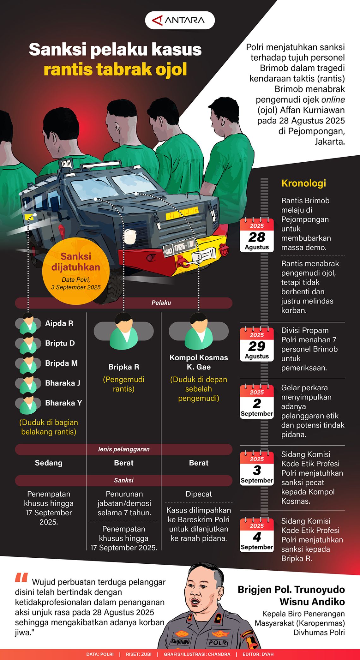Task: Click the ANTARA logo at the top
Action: pyautogui.click(x=180, y=20)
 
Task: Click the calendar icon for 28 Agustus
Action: pyautogui.click(x=256, y=235)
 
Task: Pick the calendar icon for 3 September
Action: pyautogui.click(x=256, y=468)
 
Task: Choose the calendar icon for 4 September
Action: pyautogui.click(x=256, y=535)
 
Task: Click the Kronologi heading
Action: pyautogui.click(x=303, y=183)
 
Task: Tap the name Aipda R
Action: pyautogui.click(x=59, y=323)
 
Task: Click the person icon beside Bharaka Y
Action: pyautogui.click(x=28, y=404)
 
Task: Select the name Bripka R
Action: pyautogui.click(x=123, y=367)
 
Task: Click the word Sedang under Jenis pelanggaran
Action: pyautogui.click(x=49, y=463)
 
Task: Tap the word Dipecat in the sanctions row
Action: pyautogui.click(x=198, y=494)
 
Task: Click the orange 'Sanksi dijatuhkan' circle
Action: pyautogui.click(x=76, y=271)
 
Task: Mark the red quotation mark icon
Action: pyautogui.click(x=21, y=578)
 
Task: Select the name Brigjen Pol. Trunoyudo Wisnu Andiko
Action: pyautogui.click(x=291, y=596)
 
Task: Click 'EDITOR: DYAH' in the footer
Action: pyautogui.click(x=258, y=654)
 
